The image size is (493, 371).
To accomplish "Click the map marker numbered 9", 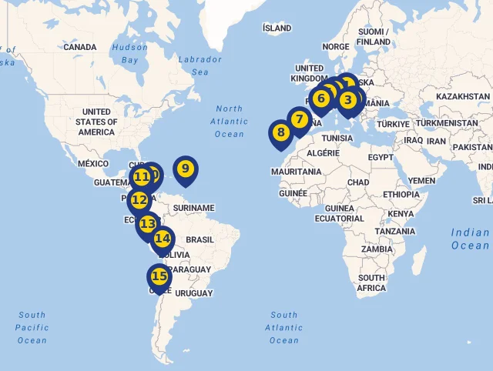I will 185,168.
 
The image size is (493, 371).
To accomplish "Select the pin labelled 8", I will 280,132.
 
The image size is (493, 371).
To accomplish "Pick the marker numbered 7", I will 299,120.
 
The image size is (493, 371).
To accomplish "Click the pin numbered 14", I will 163,239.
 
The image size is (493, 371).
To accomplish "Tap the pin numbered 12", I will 139,200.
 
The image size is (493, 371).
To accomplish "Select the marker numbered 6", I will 321,99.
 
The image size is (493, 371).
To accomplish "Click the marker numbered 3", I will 347,99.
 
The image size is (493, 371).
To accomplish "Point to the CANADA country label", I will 80,47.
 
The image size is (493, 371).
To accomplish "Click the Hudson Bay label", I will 129,53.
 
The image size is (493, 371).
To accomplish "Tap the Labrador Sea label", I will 200,65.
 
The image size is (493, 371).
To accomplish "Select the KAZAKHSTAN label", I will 463,97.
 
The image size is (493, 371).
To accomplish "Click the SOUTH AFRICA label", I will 371,282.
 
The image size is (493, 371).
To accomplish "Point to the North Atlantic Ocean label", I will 230,122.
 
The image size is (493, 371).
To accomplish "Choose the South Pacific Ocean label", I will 32,327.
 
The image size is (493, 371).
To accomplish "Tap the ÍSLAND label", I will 277,28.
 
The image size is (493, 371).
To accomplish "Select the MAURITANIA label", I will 297,172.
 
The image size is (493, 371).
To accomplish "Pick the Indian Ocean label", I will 470,239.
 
